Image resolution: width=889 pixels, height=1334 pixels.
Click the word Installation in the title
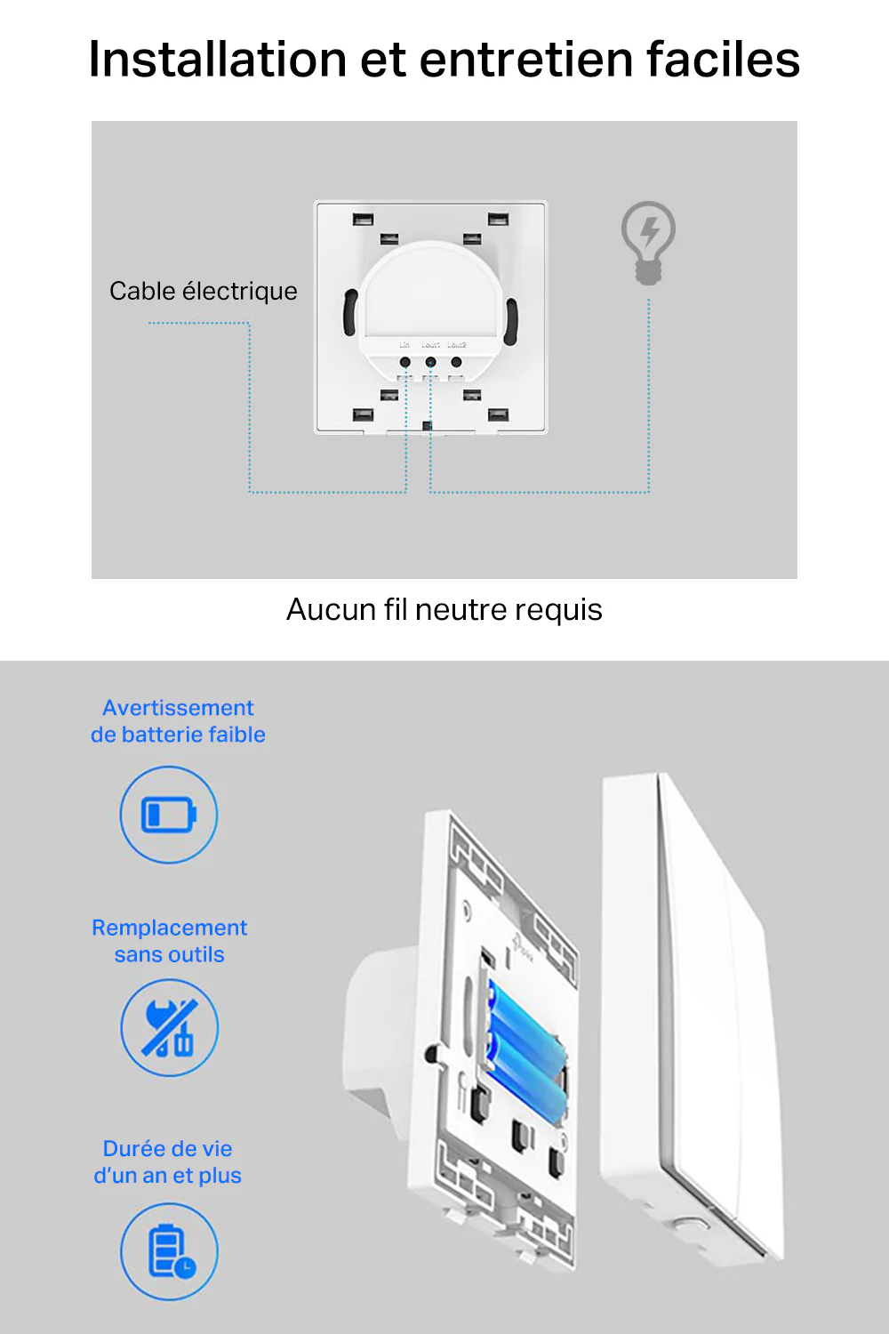(x=217, y=60)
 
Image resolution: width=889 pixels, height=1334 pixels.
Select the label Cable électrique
(x=203, y=291)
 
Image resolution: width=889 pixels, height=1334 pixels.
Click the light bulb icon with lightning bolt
(x=648, y=241)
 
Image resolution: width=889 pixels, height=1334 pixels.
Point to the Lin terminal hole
(x=405, y=362)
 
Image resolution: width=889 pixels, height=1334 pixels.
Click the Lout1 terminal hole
(x=430, y=362)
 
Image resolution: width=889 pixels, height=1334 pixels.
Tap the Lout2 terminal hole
(x=456, y=362)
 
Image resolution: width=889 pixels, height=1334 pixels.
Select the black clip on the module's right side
(x=511, y=321)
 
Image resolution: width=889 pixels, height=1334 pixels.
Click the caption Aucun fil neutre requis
(x=444, y=609)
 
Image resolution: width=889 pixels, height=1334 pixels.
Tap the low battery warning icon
(x=169, y=815)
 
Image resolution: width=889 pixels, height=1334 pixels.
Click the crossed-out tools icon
(x=169, y=1028)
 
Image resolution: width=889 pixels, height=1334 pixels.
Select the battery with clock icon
(x=169, y=1251)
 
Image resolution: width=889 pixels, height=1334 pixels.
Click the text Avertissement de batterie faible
(x=178, y=721)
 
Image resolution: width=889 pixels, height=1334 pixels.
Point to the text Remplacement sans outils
(x=169, y=941)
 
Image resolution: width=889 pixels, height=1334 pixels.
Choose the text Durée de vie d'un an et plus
(x=168, y=1161)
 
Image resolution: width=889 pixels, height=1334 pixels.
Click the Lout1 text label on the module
(x=430, y=345)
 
